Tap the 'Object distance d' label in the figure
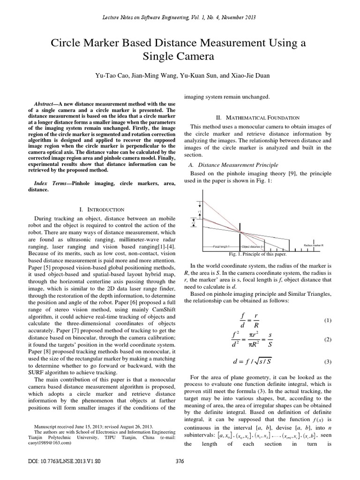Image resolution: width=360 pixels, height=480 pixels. tap(253, 246)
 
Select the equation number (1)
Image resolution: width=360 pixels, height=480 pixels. tap(328, 321)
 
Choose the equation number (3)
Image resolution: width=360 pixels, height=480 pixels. tap(328, 362)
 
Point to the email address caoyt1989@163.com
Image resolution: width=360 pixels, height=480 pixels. tap(49, 442)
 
